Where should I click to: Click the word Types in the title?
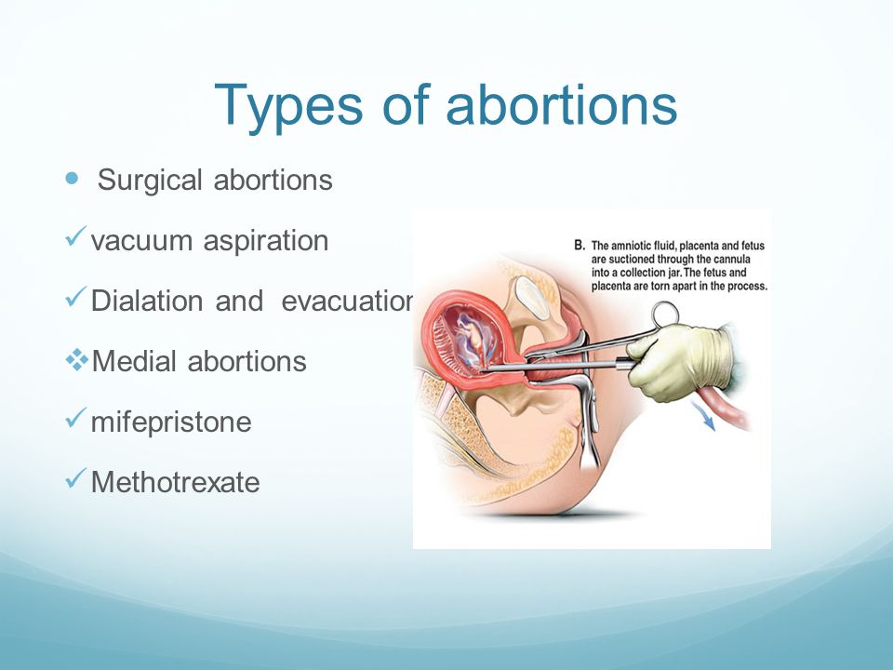pos(288,107)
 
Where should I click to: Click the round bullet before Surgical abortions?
pos(72,179)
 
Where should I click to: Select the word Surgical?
pos(150,181)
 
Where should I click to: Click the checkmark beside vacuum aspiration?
pos(75,235)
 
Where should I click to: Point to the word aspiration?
pos(266,242)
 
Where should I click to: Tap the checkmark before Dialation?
pos(75,297)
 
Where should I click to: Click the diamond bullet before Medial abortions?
pos(77,360)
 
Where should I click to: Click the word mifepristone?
pos(171,423)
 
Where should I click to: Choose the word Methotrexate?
pos(176,483)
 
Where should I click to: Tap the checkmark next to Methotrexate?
pos(75,478)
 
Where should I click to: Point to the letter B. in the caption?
pos(580,246)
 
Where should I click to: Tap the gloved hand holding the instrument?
pos(681,360)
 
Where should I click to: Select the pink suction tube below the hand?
pos(726,408)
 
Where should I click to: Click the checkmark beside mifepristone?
pos(75,418)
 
